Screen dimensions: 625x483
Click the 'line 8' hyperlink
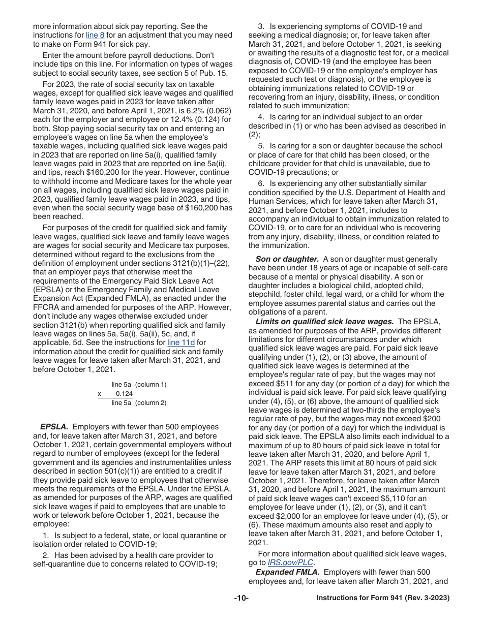click(95, 35)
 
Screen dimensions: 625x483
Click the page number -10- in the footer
click(241, 598)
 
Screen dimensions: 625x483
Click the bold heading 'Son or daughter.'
click(287, 259)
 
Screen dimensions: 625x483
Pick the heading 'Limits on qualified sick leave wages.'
click(324, 322)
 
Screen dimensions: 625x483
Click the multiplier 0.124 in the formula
click(124, 394)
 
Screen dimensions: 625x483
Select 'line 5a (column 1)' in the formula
click(139, 385)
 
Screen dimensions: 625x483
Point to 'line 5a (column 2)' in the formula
click(139, 403)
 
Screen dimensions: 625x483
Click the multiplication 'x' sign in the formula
click(100, 394)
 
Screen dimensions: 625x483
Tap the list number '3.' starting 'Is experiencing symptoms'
click(261, 26)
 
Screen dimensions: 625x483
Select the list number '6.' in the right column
click(261, 183)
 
